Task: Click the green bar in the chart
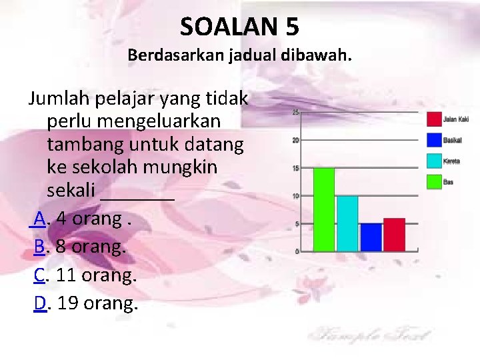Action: pyautogui.click(x=324, y=209)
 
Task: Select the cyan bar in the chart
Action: pyautogui.click(x=347, y=223)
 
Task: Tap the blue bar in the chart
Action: pyautogui.click(x=371, y=237)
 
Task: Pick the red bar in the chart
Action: pyautogui.click(x=394, y=235)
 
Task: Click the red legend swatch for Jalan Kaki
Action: pyautogui.click(x=433, y=119)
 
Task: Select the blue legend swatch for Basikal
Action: pyautogui.click(x=433, y=140)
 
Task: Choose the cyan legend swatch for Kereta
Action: pyautogui.click(x=433, y=160)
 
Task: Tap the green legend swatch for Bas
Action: pyautogui.click(x=433, y=181)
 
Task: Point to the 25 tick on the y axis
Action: pyautogui.click(x=295, y=112)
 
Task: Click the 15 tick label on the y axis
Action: pyautogui.click(x=295, y=168)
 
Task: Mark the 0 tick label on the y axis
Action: pyautogui.click(x=297, y=251)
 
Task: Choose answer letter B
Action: pyautogui.click(x=39, y=247)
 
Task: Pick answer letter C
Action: pyautogui.click(x=39, y=275)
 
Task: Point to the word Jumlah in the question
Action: pyautogui.click(x=58, y=100)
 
